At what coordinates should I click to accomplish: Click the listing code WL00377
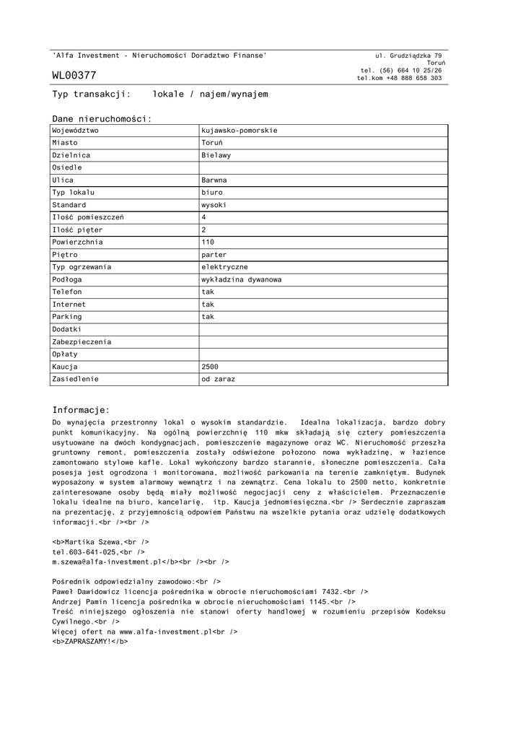(x=74, y=76)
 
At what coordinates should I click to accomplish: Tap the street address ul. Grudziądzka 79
(x=408, y=56)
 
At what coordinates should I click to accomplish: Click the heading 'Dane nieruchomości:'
(x=102, y=118)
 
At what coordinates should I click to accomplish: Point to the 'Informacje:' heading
(x=81, y=409)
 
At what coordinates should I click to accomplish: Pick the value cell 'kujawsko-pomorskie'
(x=239, y=131)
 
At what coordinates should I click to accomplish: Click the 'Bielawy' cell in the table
(x=216, y=155)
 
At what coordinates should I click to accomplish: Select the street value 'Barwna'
(x=214, y=180)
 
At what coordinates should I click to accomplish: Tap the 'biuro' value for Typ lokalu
(x=212, y=193)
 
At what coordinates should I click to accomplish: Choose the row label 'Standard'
(x=69, y=205)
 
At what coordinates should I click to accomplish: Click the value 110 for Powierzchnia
(x=208, y=242)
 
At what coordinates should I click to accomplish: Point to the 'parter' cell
(x=214, y=255)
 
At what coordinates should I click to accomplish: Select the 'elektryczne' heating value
(x=224, y=267)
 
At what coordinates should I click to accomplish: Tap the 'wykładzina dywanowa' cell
(x=241, y=279)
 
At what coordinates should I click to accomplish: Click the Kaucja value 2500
(x=210, y=367)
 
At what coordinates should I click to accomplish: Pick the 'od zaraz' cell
(x=218, y=379)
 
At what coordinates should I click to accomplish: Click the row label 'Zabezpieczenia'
(x=76, y=341)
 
